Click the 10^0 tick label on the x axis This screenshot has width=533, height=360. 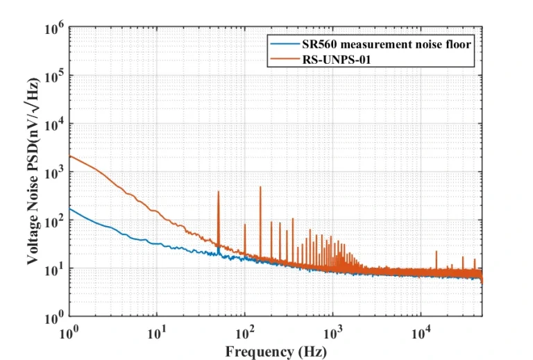[x=69, y=332]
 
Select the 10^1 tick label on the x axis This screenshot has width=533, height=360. [x=157, y=332]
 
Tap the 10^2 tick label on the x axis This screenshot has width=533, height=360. [x=245, y=332]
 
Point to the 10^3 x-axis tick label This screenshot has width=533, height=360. [x=333, y=332]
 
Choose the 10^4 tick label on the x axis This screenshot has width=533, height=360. [x=421, y=332]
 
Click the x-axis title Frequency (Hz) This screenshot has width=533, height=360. [x=276, y=351]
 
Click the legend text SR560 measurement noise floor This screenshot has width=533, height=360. [x=387, y=44]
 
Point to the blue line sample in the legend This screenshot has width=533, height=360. [x=284, y=44]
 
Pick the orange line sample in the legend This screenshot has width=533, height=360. [x=284, y=59]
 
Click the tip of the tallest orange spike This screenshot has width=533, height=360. [x=260, y=187]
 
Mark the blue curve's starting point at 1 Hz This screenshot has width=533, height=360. [x=70, y=209]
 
